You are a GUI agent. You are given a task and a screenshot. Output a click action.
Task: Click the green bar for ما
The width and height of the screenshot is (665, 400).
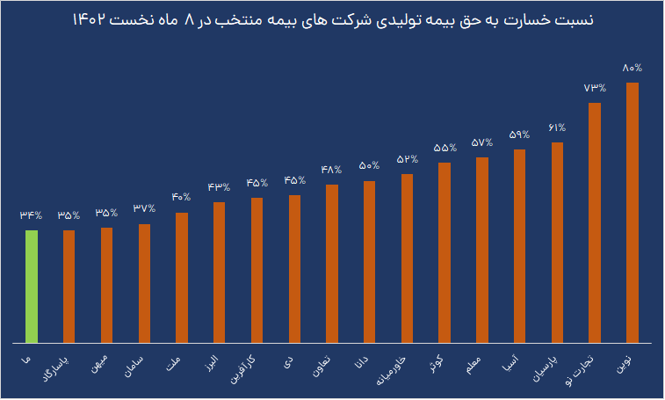[x=32, y=286]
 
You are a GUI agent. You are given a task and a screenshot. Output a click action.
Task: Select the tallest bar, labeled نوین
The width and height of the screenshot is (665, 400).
[x=632, y=212]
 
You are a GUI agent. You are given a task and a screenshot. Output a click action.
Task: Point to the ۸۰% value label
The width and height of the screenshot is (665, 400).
[x=632, y=68]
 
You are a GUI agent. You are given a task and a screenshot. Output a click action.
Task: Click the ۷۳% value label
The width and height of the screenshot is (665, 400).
[x=595, y=88]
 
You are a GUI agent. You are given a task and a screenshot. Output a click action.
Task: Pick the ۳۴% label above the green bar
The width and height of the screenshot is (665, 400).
[x=32, y=215]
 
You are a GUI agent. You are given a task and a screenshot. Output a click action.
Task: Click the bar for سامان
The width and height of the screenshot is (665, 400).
[x=144, y=283]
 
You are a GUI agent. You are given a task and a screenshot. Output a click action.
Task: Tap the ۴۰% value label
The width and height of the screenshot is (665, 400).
[x=182, y=197]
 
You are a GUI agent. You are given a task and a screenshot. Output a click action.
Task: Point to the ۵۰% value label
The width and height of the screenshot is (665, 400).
[x=369, y=165]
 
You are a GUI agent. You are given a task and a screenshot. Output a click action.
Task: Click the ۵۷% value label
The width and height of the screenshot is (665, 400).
[x=481, y=142]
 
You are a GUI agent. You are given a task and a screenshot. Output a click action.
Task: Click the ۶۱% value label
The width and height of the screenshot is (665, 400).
[x=557, y=127]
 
